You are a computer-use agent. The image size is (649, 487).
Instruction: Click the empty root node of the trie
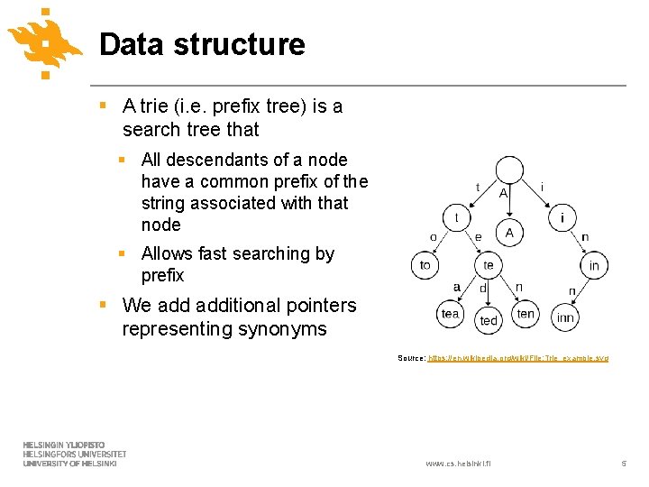click(x=509, y=170)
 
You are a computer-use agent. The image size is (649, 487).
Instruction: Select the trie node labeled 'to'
click(x=425, y=265)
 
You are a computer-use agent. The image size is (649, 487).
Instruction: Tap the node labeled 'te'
click(x=489, y=265)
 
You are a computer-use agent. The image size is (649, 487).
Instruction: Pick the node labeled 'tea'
click(x=451, y=313)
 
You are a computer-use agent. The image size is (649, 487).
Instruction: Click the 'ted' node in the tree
click(x=489, y=320)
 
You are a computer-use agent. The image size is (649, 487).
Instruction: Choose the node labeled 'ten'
click(x=526, y=313)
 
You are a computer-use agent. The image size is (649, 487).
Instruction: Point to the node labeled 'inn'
click(x=565, y=317)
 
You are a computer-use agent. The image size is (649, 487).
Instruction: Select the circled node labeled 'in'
click(x=594, y=265)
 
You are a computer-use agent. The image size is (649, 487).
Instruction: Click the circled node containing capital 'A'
click(x=509, y=234)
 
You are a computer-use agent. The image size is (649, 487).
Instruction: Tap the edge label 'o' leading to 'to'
click(x=433, y=237)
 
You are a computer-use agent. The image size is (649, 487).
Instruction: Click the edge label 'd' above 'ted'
click(x=483, y=289)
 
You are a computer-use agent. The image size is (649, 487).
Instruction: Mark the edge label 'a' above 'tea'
click(x=457, y=287)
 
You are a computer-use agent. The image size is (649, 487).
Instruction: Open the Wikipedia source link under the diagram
click(x=518, y=358)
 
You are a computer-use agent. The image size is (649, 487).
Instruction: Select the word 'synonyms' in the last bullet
click(x=281, y=329)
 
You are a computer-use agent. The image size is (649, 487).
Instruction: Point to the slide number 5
click(x=623, y=464)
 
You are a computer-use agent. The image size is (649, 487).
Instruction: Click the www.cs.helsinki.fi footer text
click(x=463, y=464)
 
